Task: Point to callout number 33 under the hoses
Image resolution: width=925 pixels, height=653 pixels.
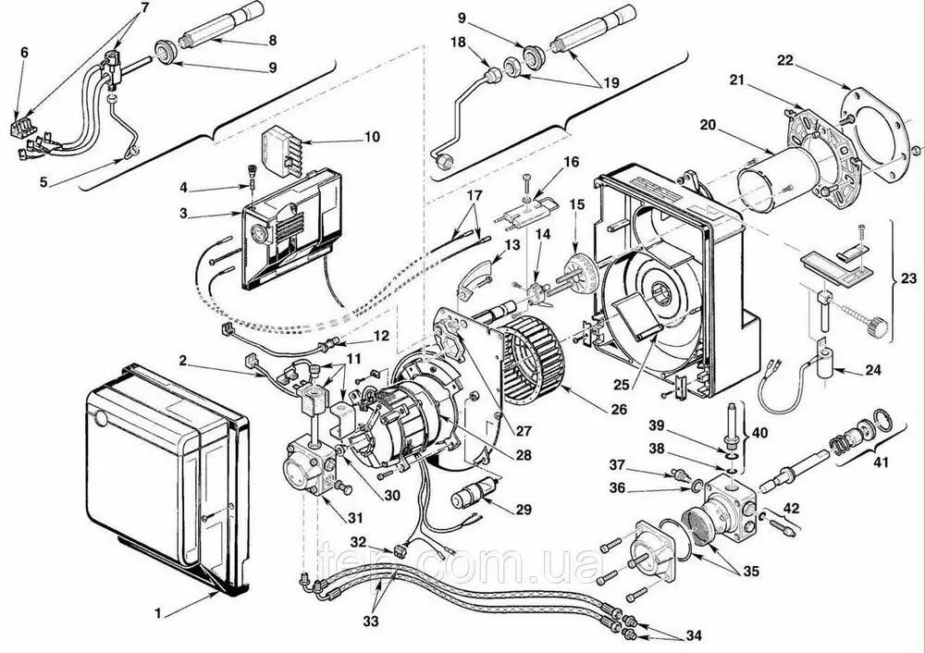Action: pyautogui.click(x=371, y=622)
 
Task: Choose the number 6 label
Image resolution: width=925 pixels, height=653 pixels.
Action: pyautogui.click(x=24, y=53)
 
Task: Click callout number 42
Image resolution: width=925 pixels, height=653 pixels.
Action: pyautogui.click(x=791, y=508)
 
